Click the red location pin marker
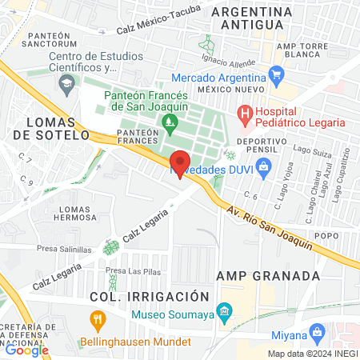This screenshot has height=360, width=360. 180,163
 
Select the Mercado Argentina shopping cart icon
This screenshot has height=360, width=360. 277,78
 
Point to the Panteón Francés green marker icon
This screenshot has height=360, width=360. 169,122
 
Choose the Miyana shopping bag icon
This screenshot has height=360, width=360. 318,332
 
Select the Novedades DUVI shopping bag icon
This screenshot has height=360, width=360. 265,166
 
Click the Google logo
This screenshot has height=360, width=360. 27,350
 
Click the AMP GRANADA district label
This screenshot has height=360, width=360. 269,276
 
